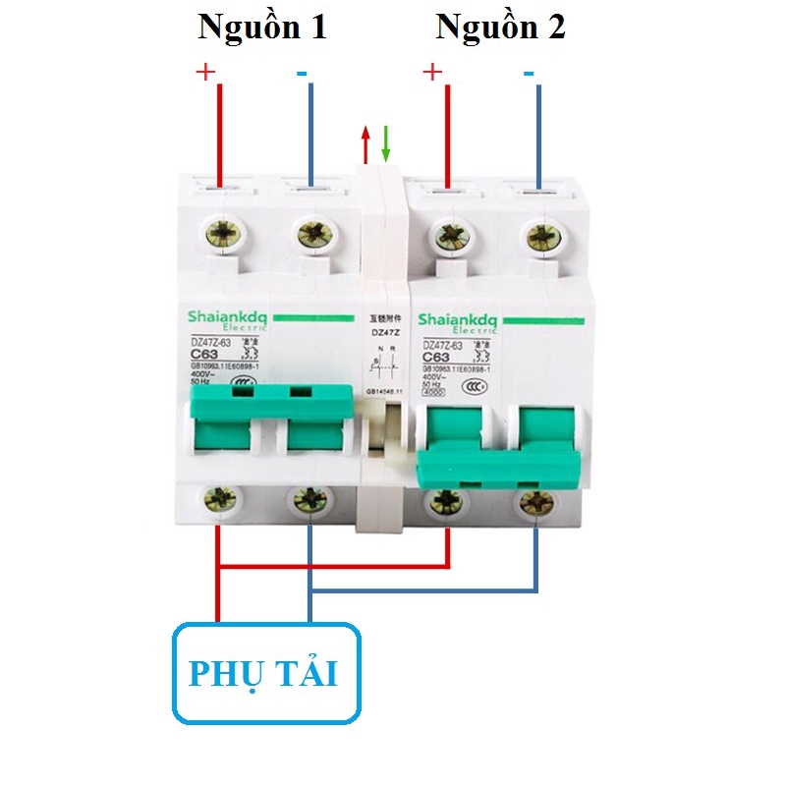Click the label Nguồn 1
[x=261, y=28]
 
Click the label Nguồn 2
[x=500, y=28]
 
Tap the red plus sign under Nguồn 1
[x=205, y=72]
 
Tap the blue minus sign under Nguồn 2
[x=530, y=73]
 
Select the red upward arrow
[x=365, y=143]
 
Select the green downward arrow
[x=386, y=143]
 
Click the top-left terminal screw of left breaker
[x=221, y=236]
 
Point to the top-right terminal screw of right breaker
[x=538, y=236]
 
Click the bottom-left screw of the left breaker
[x=219, y=502]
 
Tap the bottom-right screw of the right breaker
[x=536, y=503]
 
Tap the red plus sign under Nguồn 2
[x=430, y=72]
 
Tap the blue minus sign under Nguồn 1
[x=302, y=73]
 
